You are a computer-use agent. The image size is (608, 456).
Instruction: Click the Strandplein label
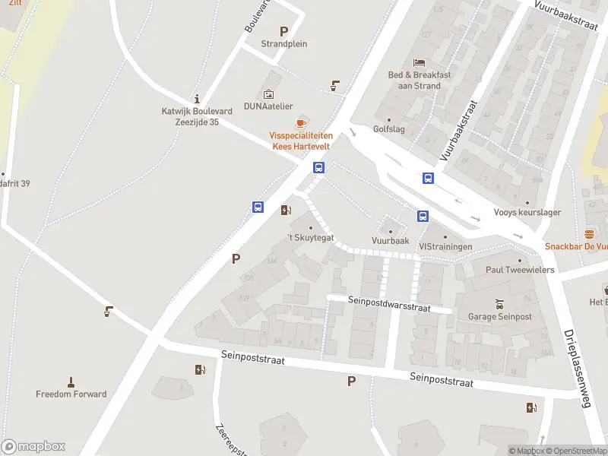click(x=284, y=44)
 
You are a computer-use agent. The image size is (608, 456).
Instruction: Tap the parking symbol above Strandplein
click(x=284, y=31)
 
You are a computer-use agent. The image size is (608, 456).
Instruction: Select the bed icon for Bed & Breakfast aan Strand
click(x=419, y=62)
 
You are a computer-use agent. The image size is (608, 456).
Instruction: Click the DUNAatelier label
click(x=268, y=106)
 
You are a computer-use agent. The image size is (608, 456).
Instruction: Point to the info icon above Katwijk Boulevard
click(x=197, y=99)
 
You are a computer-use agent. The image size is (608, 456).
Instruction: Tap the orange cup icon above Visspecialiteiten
click(x=300, y=123)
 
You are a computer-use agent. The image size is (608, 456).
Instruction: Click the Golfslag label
click(x=388, y=129)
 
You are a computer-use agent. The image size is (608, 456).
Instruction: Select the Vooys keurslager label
click(x=527, y=213)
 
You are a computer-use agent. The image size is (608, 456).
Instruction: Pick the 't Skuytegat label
click(x=310, y=239)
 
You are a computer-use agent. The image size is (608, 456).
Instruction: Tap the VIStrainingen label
click(x=445, y=247)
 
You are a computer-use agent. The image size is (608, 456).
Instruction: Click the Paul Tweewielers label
click(x=521, y=270)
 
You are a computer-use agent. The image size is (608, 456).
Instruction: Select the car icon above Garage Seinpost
click(x=499, y=303)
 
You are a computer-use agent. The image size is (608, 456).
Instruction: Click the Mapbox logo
click(x=33, y=447)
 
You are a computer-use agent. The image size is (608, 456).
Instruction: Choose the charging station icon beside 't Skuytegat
click(x=286, y=210)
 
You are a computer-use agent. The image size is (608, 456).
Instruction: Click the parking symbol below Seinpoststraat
click(x=351, y=382)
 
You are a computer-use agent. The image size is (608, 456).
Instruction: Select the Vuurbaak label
click(x=391, y=240)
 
